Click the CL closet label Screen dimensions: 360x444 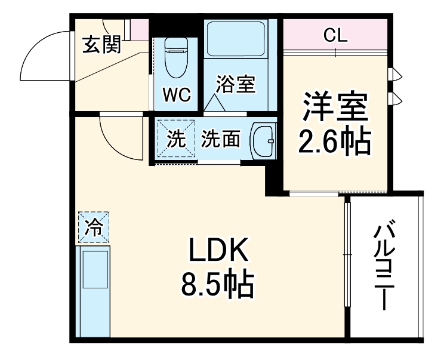(x=335, y=36)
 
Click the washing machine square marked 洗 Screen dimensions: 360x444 (x=175, y=139)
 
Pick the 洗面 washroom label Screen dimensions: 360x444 (x=220, y=139)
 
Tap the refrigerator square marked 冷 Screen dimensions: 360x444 (x=93, y=227)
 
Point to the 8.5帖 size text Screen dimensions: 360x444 (x=218, y=286)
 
